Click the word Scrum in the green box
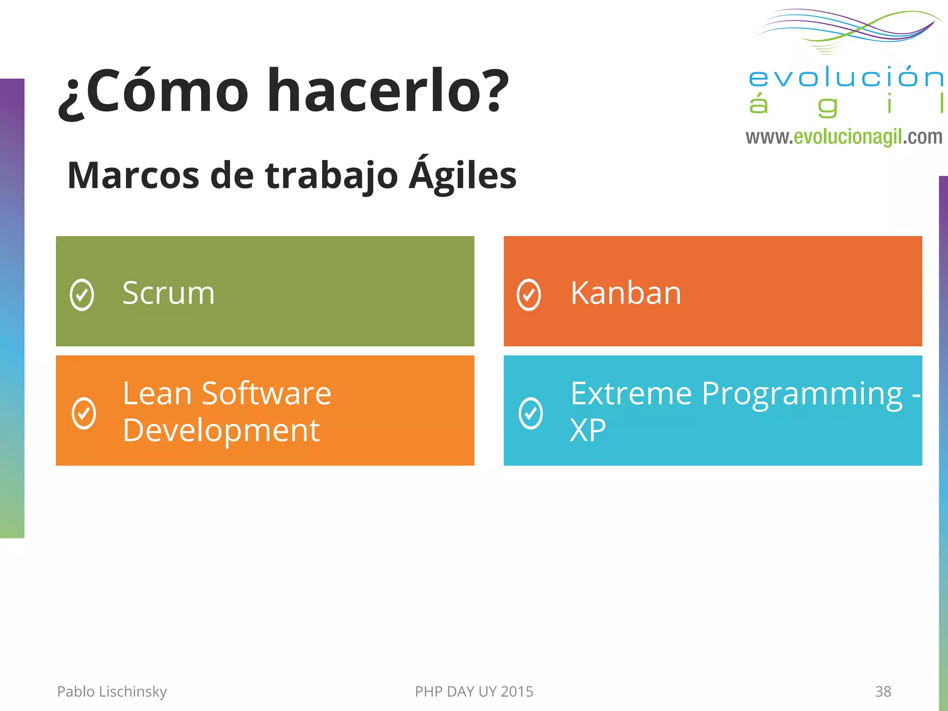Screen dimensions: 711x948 tap(168, 293)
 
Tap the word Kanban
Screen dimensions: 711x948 tap(625, 293)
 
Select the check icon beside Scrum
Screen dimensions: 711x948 tap(82, 295)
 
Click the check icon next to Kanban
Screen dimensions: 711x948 tap(529, 295)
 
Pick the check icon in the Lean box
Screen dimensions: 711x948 tap(84, 413)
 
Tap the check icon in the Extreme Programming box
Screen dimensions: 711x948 tap(530, 413)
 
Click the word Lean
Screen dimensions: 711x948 tap(157, 394)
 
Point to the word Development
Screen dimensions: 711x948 tap(221, 430)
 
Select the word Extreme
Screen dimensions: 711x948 tap(631, 394)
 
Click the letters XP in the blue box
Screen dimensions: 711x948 tap(587, 430)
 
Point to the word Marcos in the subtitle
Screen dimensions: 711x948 tap(133, 176)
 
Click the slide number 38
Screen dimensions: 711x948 tap(883, 692)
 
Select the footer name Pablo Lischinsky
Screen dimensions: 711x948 tap(112, 692)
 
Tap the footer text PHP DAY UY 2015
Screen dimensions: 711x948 tap(474, 692)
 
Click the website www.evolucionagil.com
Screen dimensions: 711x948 tap(843, 137)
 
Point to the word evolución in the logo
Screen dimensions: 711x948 tap(845, 77)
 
